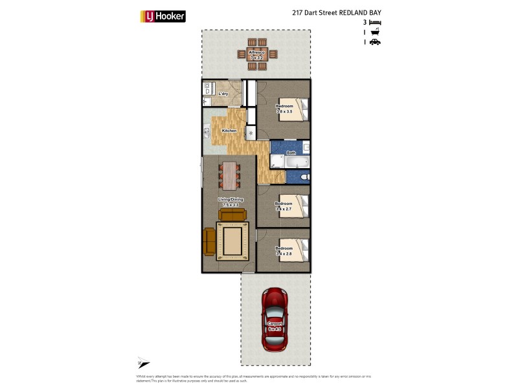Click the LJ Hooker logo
pos(163,16)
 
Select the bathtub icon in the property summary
pos(375,32)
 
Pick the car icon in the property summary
pos(375,42)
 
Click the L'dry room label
pos(223,94)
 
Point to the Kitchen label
pos(229,131)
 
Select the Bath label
pos(291,153)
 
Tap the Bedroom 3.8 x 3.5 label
pos(285,109)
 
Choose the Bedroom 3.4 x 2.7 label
pos(284,206)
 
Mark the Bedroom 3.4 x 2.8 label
pos(284,251)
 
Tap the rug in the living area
pos(232,240)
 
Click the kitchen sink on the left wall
pos(207,133)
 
